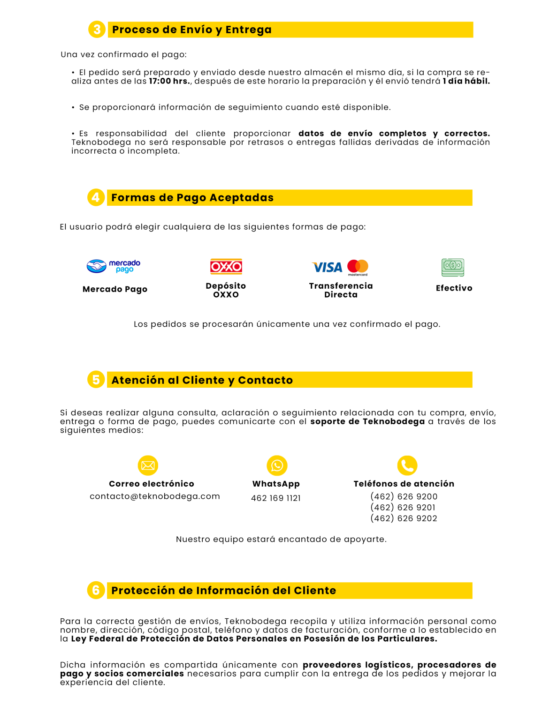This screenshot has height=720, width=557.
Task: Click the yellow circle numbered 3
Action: [97, 30]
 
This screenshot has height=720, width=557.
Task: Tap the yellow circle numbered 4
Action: [96, 197]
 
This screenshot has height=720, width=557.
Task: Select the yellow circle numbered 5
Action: [96, 380]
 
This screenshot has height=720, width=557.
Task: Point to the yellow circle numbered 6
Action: [96, 590]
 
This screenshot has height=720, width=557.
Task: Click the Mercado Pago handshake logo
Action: [114, 266]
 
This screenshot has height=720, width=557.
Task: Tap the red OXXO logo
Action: [226, 267]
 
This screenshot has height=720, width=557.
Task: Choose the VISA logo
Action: [327, 267]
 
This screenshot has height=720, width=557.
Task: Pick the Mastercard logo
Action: [358, 267]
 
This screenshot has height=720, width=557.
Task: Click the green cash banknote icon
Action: [453, 267]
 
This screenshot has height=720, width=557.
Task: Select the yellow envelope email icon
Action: [148, 465]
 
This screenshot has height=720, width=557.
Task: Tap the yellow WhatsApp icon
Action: [277, 465]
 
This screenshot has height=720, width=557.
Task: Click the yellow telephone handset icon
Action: [407, 465]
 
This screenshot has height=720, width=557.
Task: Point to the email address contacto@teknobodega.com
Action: [155, 496]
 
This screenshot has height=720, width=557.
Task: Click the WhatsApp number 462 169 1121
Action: [276, 498]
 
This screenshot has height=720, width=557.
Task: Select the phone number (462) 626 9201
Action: [404, 508]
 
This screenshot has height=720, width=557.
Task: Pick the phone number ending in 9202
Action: [404, 518]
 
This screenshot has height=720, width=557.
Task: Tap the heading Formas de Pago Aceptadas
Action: [192, 198]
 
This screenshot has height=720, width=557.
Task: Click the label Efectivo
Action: [454, 288]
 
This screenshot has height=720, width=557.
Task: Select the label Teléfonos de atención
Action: [404, 484]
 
